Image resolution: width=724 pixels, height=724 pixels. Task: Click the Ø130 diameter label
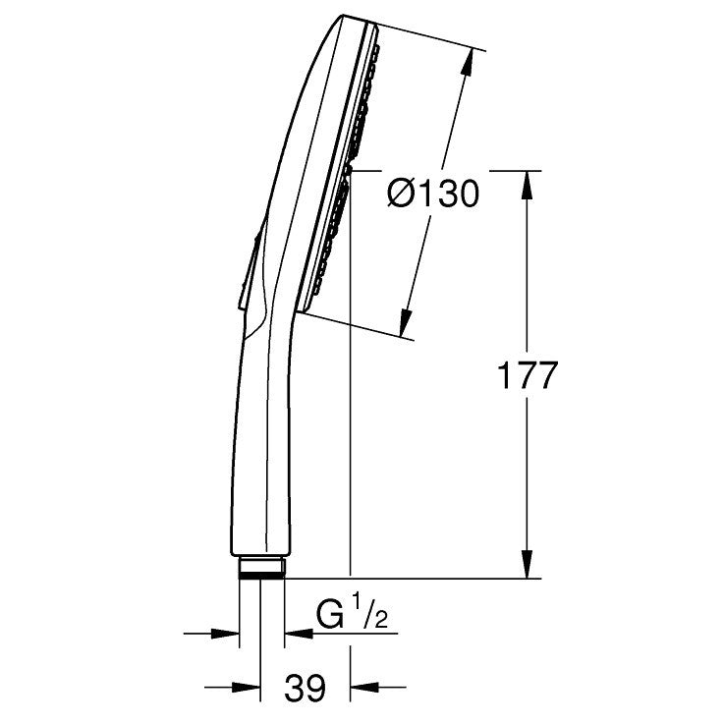pos(433,194)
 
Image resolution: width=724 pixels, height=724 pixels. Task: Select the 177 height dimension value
pos(528,375)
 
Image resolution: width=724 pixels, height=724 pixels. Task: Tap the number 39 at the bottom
pos(306,688)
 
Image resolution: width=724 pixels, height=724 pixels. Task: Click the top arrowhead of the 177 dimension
pos(528,185)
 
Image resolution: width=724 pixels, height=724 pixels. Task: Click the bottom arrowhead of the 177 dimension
pos(528,564)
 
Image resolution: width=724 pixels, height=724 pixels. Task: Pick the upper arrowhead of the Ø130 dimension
pos(468,61)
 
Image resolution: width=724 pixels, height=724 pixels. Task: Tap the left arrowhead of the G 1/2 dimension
pos(225,634)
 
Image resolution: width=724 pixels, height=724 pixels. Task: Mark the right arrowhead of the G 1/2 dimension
pos(299,634)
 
